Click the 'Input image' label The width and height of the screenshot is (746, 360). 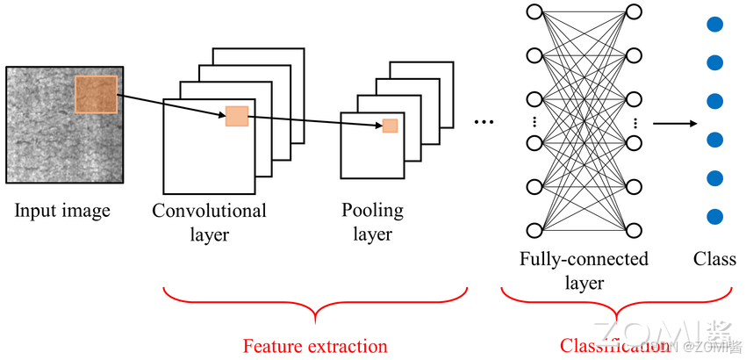[x=62, y=211]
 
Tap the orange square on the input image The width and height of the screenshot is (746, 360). [x=96, y=94]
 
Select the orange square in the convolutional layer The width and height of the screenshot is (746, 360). [x=237, y=116]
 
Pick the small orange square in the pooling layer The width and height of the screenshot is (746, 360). [x=390, y=126]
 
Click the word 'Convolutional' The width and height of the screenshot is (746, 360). [x=209, y=211]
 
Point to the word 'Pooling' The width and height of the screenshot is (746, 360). [x=373, y=211]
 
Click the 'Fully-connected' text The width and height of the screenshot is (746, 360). [x=584, y=259]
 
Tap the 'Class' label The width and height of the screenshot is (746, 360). [x=714, y=259]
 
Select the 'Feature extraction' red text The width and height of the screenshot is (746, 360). [x=314, y=345]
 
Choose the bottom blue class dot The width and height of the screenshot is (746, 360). [x=714, y=216]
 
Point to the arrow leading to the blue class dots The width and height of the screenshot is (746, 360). [x=671, y=123]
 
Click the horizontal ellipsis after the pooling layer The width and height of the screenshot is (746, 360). [x=484, y=122]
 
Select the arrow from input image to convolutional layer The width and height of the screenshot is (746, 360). [x=170, y=106]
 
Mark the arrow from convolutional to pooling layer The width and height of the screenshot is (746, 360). [x=315, y=121]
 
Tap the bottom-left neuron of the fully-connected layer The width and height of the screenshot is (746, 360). [x=533, y=230]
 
